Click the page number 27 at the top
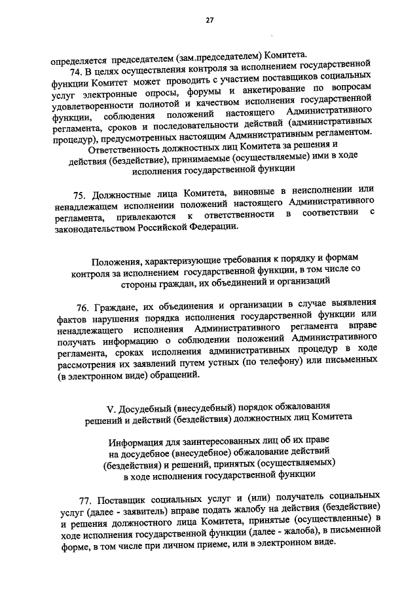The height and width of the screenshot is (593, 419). pyautogui.click(x=209, y=20)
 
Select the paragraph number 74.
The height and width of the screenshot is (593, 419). pyautogui.click(x=76, y=67)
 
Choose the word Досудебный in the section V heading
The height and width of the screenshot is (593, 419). pyautogui.click(x=146, y=404)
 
